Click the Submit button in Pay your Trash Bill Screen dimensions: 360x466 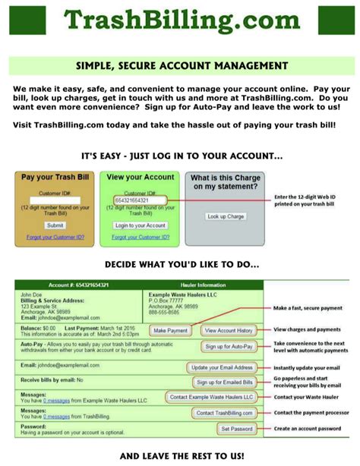[55, 225]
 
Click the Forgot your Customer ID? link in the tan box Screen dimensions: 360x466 [55, 238]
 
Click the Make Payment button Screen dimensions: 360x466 [170, 331]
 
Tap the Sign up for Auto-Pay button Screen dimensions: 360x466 [228, 346]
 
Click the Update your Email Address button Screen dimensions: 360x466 [220, 367]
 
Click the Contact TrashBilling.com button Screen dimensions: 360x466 [225, 413]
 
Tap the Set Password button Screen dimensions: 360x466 [236, 429]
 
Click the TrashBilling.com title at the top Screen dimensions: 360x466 [181, 19]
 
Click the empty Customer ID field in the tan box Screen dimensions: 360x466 [55, 201]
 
